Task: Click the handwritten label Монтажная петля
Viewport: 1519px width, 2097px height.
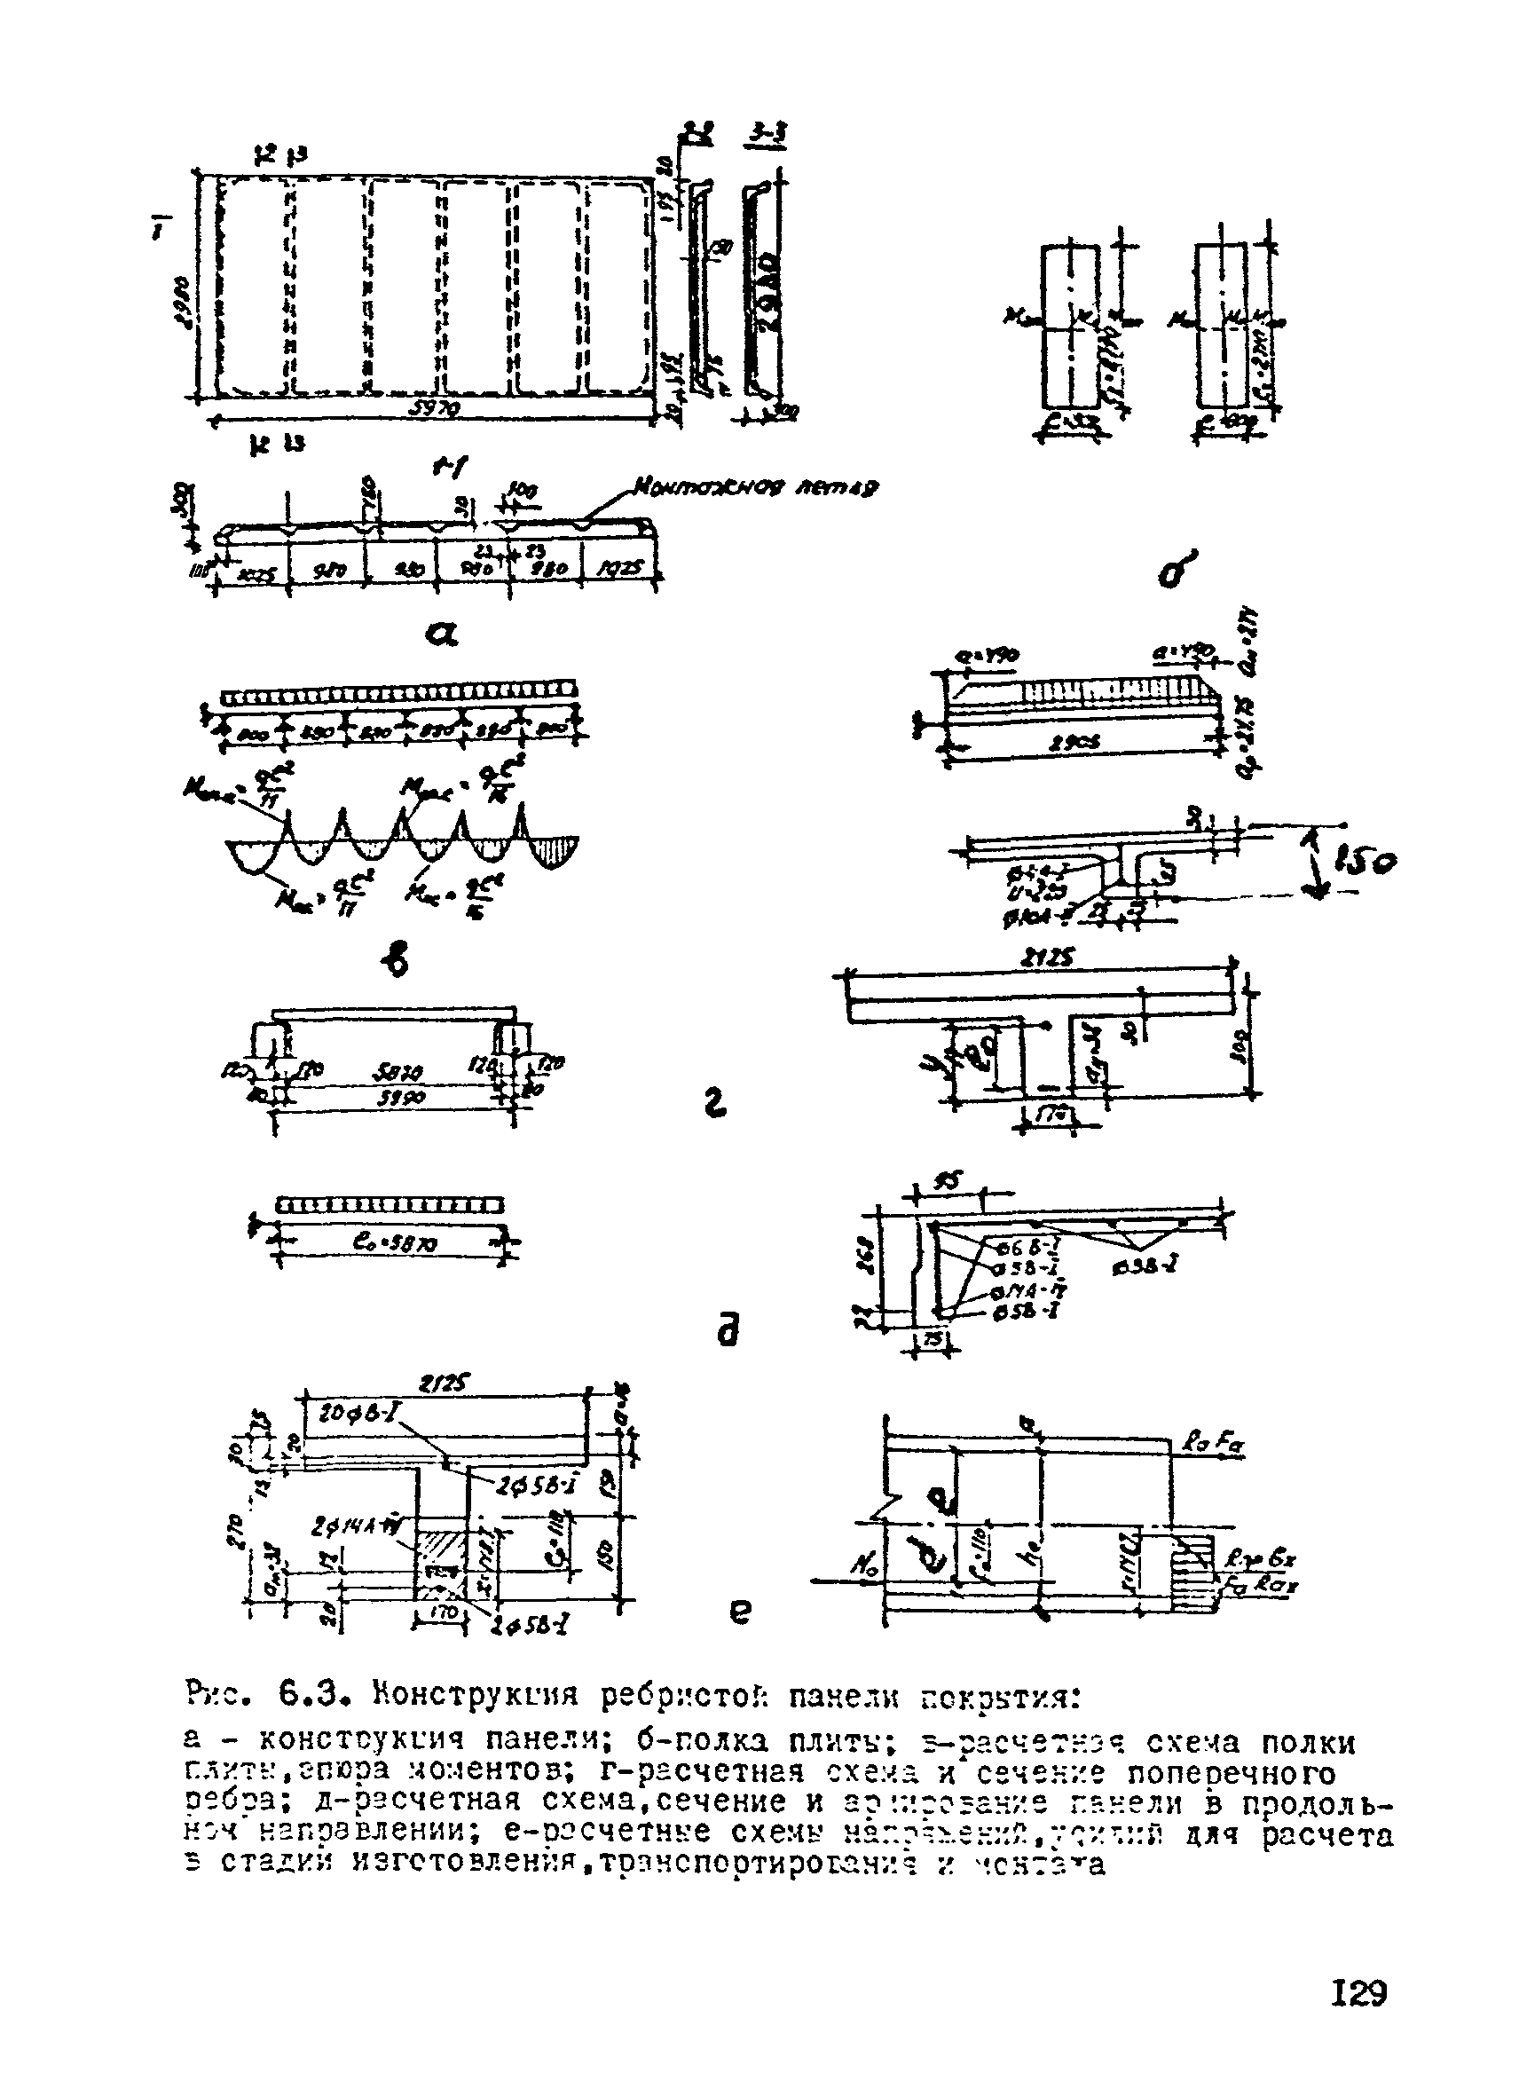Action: click(x=755, y=486)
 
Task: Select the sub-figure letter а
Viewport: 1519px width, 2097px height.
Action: click(x=441, y=634)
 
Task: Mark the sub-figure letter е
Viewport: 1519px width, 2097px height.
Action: click(x=739, y=1612)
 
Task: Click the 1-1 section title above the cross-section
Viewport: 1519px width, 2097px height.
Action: click(x=447, y=469)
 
